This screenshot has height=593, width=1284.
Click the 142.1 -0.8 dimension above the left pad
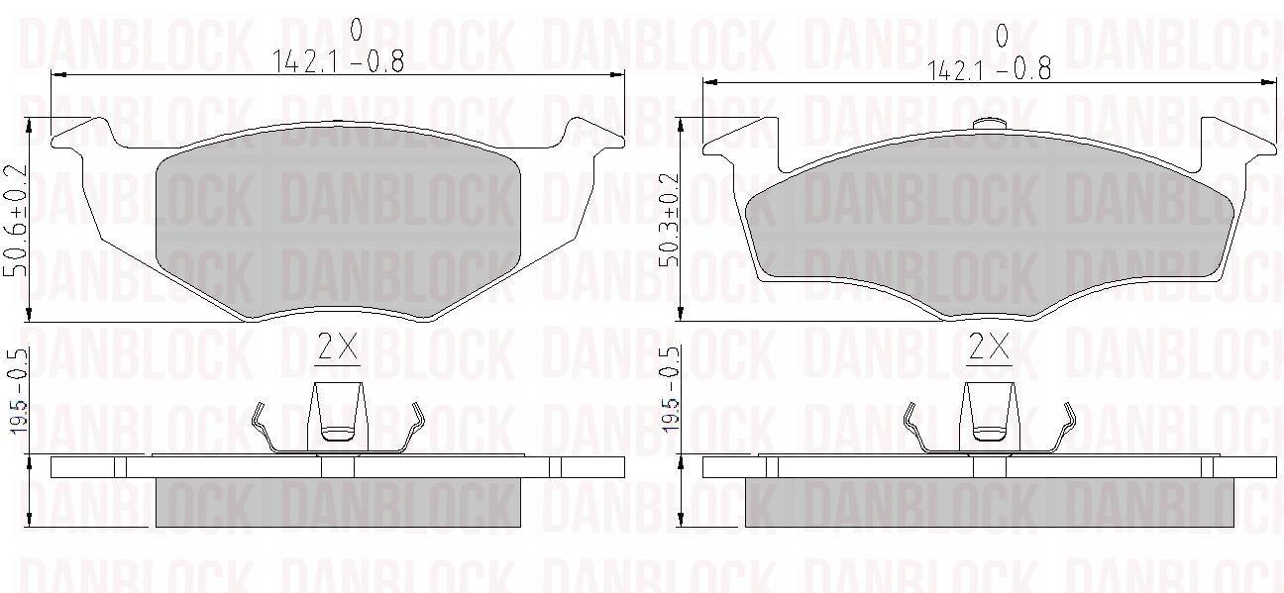(338, 61)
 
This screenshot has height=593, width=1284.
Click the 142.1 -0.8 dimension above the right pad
(990, 70)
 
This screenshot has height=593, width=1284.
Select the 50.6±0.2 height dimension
(16, 221)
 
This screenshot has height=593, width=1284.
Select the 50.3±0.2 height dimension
(668, 220)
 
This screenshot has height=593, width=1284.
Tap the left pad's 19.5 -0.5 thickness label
(19, 390)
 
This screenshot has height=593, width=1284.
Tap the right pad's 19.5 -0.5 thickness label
(669, 390)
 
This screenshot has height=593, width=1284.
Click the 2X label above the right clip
(989, 346)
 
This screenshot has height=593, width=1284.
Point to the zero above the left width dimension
(356, 30)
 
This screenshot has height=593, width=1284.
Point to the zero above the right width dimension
(1002, 36)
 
